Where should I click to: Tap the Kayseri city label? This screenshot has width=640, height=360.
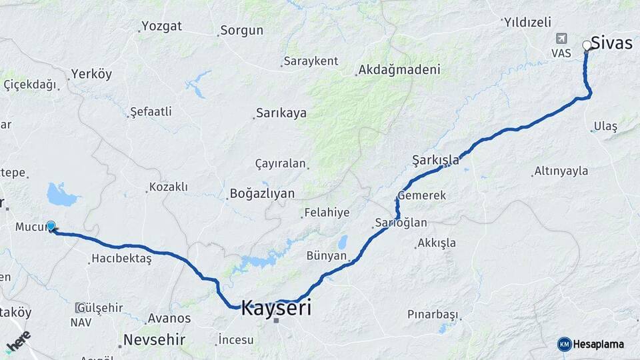pos(275,308)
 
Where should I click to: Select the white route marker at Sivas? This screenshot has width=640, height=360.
pos(587,45)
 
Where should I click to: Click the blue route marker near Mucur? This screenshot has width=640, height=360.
pos(51,226)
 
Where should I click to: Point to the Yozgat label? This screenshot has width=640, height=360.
pos(161,27)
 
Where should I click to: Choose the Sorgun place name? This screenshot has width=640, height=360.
pos(241,30)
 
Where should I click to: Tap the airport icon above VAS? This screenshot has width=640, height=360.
pos(561,39)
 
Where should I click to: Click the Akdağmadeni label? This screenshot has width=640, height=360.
pos(399,69)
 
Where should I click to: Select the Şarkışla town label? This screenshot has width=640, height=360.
pos(436,159)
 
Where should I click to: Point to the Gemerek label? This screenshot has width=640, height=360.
pos(422,195)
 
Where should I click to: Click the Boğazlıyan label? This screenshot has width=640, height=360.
pos(262,193)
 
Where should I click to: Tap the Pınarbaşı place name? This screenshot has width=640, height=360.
pos(433,314)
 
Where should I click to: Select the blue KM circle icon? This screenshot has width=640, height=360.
pos(564,344)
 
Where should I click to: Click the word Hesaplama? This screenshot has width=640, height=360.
pos(599,344)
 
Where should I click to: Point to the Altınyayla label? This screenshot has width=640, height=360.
pos(561,171)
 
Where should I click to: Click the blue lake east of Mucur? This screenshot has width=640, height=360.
pos(62,195)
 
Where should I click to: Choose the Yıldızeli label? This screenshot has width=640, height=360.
pos(528,22)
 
